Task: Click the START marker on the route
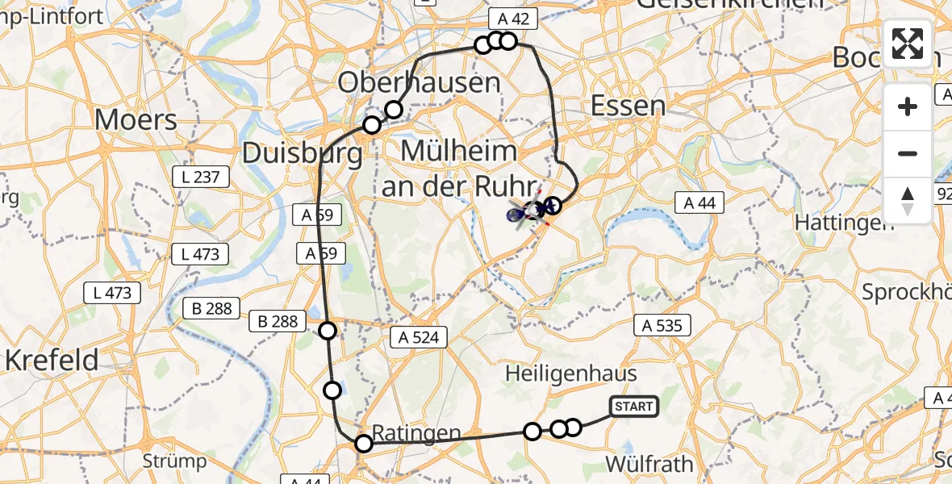(x=633, y=407)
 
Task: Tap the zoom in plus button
(x=908, y=106)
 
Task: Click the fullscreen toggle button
(x=908, y=44)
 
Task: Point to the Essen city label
(x=628, y=106)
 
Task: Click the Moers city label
(x=136, y=120)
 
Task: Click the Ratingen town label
(x=417, y=433)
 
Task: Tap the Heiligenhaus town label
(x=571, y=373)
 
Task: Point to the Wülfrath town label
(x=649, y=464)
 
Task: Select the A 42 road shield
(x=513, y=19)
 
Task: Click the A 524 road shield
(x=418, y=336)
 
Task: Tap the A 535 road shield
(x=662, y=325)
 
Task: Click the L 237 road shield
(x=202, y=176)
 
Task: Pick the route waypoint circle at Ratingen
(x=364, y=443)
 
